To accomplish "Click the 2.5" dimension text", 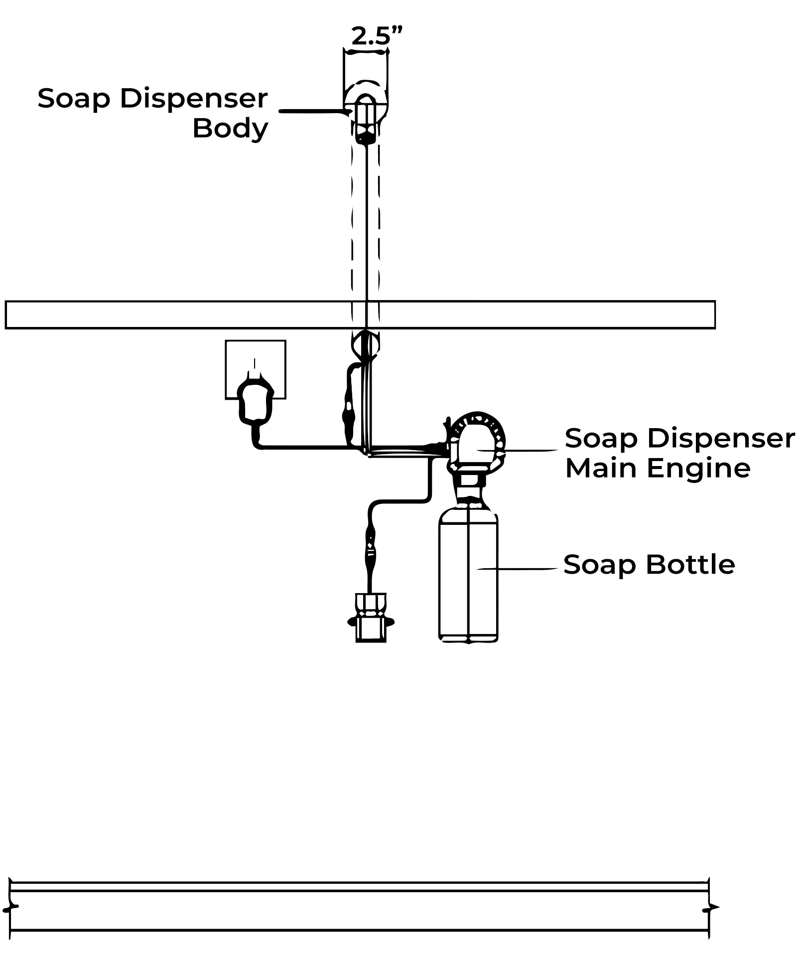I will point(376,36).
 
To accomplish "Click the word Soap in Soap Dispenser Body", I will point(73,98).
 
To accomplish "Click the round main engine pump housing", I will point(477,441).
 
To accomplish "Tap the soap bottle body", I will point(468,578).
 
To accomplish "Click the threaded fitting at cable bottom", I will point(371,618).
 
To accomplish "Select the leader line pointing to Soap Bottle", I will point(518,568).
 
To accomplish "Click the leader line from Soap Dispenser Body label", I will point(311,111).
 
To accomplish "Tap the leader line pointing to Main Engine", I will point(528,450).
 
